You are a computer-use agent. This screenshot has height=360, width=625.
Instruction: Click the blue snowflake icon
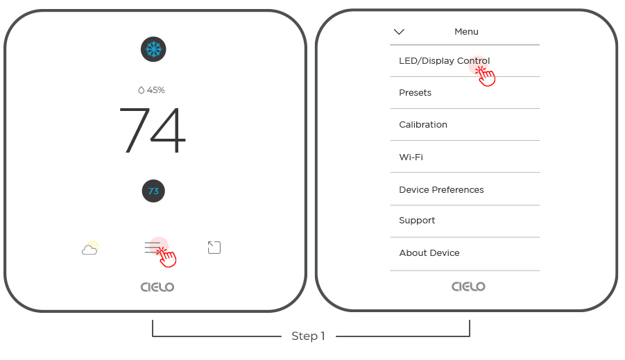click(x=153, y=49)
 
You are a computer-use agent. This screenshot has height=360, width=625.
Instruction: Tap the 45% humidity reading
click(x=151, y=90)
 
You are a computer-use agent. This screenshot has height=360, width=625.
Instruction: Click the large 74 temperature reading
click(x=153, y=130)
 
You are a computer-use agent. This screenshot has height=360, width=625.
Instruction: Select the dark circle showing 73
click(x=153, y=191)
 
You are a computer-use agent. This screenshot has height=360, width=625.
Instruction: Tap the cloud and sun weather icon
click(x=90, y=248)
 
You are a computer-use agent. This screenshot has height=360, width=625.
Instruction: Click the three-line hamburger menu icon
click(x=153, y=247)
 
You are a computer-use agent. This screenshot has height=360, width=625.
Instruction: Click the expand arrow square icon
click(x=214, y=248)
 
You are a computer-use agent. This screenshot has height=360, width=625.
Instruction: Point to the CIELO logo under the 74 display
click(x=157, y=287)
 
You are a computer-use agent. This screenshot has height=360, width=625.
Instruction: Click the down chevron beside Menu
click(x=399, y=31)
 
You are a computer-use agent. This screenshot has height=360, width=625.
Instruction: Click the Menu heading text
click(x=466, y=31)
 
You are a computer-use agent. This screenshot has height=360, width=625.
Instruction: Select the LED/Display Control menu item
click(x=445, y=60)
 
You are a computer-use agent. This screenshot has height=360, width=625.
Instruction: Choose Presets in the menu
click(x=416, y=92)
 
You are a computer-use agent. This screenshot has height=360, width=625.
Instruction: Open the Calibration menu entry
click(x=423, y=124)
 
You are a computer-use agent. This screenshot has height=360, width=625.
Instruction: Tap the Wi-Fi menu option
click(x=411, y=157)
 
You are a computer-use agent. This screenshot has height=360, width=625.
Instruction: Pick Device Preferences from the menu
click(x=441, y=190)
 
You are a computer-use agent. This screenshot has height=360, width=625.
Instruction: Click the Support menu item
click(x=417, y=221)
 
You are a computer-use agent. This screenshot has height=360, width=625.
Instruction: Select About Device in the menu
click(x=429, y=252)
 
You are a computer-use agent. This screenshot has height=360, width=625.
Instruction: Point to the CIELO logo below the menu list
click(x=468, y=286)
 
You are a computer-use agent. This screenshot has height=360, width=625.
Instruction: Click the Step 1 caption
click(x=308, y=336)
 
